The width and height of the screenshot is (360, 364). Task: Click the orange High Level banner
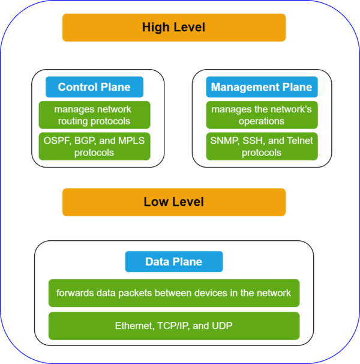173,28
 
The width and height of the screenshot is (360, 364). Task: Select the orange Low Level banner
173,202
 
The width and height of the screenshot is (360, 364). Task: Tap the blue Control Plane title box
94,87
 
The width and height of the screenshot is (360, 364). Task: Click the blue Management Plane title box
262,87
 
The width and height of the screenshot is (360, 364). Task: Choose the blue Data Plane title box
173,262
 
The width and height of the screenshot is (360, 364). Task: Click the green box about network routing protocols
94,115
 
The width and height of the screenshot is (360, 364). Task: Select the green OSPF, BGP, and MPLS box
94,147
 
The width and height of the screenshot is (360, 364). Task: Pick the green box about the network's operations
262,115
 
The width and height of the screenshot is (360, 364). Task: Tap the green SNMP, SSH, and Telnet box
262,147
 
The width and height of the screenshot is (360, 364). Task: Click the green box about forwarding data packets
173,293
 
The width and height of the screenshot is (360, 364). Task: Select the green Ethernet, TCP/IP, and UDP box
173,326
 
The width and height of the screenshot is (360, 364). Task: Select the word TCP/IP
173,326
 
